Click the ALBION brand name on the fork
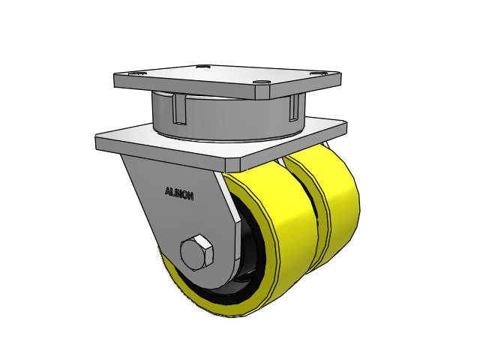click(179, 193)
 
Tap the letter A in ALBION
click(167, 191)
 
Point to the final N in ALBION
click(191, 196)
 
